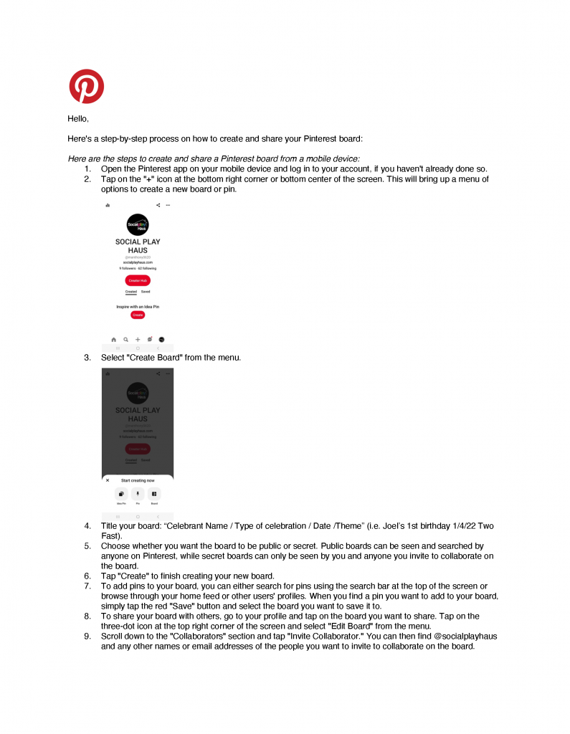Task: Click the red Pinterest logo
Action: pyautogui.click(x=86, y=86)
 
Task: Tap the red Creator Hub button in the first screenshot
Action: pyautogui.click(x=138, y=280)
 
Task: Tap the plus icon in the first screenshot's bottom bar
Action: pyautogui.click(x=138, y=339)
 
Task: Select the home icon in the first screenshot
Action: pyautogui.click(x=113, y=339)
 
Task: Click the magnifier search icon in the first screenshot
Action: pyautogui.click(x=125, y=339)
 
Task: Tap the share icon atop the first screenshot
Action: pyautogui.click(x=158, y=205)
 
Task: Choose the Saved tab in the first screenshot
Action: pyautogui.click(x=146, y=292)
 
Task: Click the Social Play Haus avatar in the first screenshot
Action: pyautogui.click(x=138, y=225)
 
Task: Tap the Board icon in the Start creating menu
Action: pyautogui.click(x=154, y=494)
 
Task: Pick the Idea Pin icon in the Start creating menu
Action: pyautogui.click(x=121, y=494)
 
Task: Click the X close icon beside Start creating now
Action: pyautogui.click(x=108, y=480)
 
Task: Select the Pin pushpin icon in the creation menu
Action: pyautogui.click(x=138, y=494)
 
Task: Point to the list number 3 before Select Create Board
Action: pyautogui.click(x=87, y=357)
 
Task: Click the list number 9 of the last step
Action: pyautogui.click(x=87, y=636)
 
